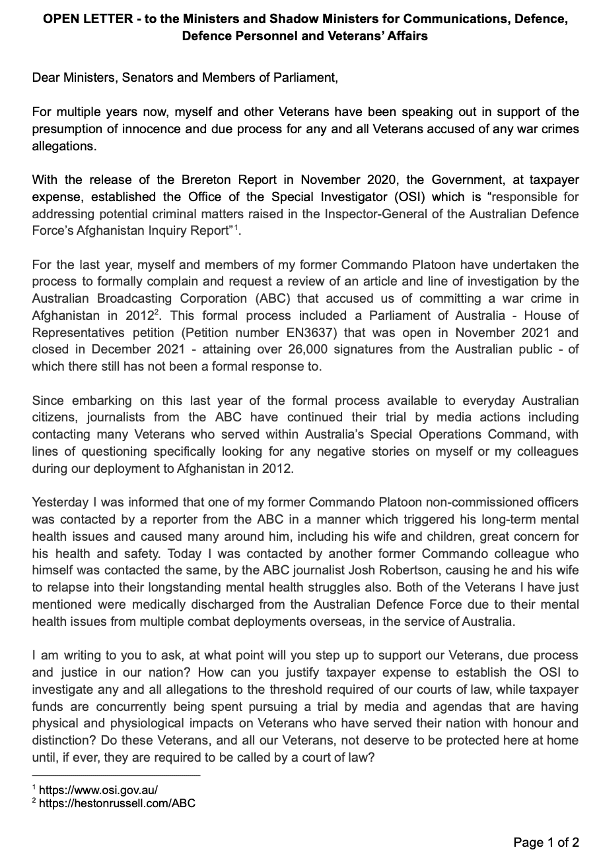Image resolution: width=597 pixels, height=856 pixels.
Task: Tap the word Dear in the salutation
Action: pos(46,78)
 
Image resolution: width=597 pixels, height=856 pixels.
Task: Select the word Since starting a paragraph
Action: pos(48,401)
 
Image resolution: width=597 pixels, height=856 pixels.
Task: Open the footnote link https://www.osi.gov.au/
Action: pos(98,789)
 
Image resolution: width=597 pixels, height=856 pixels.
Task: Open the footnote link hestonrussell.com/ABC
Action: pos(118,803)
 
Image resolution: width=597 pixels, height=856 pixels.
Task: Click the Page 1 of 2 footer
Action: pos(546,841)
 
